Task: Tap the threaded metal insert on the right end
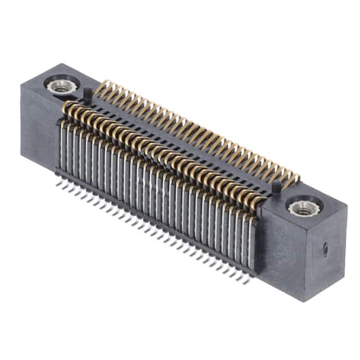coord(299,206)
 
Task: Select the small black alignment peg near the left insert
coord(88,92)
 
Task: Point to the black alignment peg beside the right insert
coord(276,187)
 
